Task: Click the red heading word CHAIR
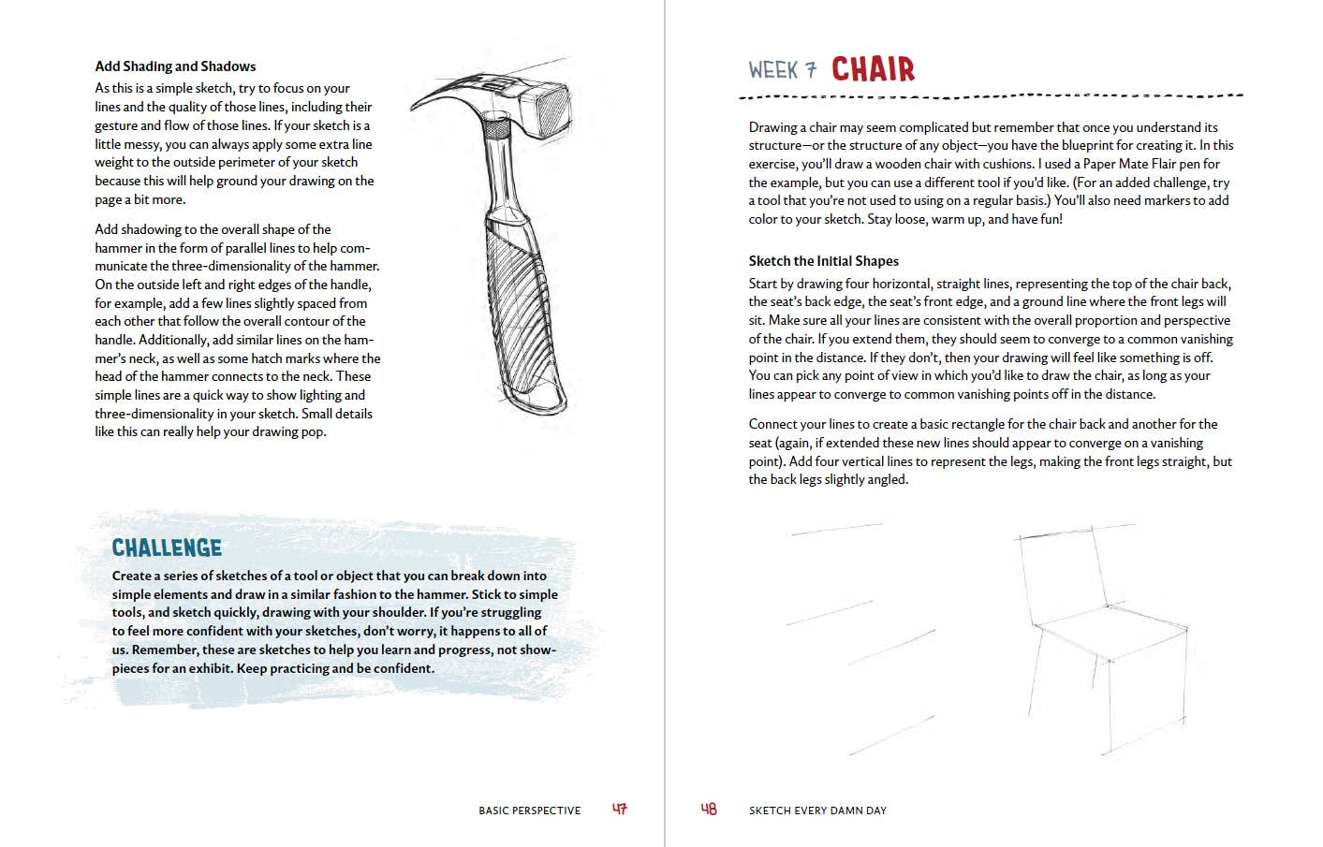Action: [x=873, y=69]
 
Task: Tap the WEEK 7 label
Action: [x=783, y=70]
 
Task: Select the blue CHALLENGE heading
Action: [x=167, y=548]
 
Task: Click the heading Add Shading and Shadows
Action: [x=175, y=66]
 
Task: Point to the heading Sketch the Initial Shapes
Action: [x=823, y=261]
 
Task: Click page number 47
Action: [x=620, y=809]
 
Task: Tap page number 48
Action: [x=709, y=809]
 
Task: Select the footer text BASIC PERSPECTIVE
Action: [x=529, y=810]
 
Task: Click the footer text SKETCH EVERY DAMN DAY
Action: [x=817, y=810]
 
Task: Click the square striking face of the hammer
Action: [x=550, y=107]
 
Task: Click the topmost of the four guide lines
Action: [x=837, y=528]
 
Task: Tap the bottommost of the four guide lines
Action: [x=892, y=737]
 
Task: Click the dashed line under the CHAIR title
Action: [x=991, y=95]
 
